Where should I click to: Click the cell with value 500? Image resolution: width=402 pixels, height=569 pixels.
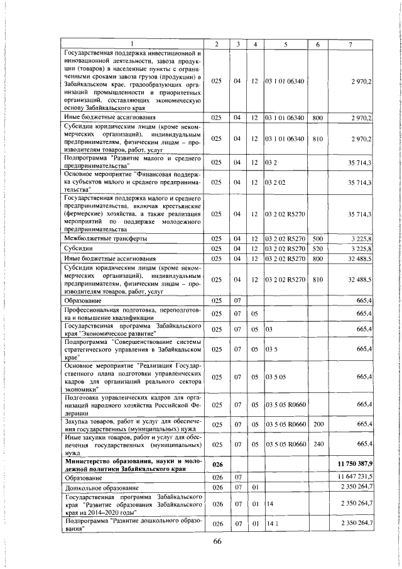tap(317, 240)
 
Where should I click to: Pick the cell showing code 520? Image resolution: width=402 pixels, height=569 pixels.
tap(317, 249)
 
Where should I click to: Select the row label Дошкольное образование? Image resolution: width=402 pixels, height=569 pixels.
tap(94, 487)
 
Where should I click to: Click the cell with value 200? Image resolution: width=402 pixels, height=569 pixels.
tap(317, 424)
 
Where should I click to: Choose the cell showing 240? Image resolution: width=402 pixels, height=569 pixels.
tap(317, 444)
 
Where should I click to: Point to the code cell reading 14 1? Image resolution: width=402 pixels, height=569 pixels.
tap(271, 523)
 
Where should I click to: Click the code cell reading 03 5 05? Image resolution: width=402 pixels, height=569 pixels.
tap(276, 377)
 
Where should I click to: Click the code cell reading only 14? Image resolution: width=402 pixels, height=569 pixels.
tap(269, 504)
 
